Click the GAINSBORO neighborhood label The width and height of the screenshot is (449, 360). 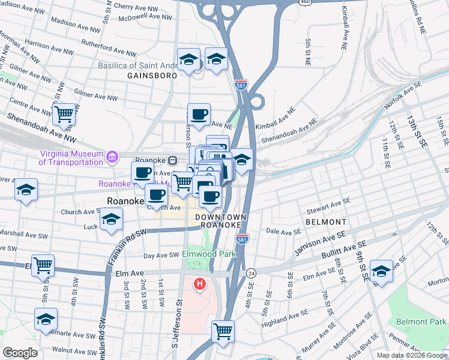152,76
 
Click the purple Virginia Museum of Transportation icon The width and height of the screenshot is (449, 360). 111,157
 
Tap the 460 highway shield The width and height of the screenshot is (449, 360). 306,2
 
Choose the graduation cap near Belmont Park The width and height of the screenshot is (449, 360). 381,271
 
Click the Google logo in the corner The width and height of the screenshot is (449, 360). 20,352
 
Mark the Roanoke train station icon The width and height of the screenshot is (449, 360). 172,160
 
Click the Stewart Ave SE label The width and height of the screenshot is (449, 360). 328,206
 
